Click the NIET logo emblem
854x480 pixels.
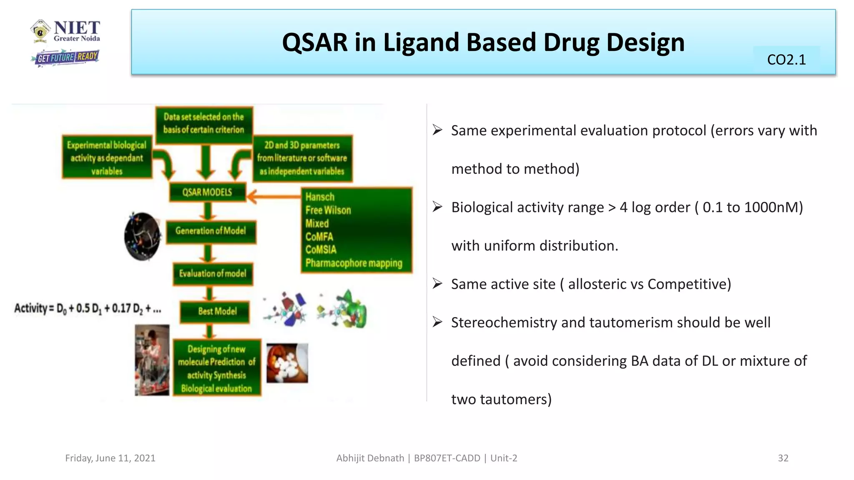(x=40, y=30)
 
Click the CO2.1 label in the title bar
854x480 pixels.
(x=786, y=60)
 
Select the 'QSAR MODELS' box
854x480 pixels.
(x=207, y=192)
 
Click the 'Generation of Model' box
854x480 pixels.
(x=211, y=231)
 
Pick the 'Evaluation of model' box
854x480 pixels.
(x=213, y=273)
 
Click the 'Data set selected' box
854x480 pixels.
(x=203, y=123)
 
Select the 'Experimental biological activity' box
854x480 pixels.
(x=107, y=157)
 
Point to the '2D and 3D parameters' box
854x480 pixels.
(x=302, y=158)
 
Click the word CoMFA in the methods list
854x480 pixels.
(x=319, y=237)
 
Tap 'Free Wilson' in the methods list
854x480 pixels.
(x=328, y=210)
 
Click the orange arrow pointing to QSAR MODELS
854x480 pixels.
(x=273, y=195)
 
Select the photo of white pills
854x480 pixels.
(x=287, y=362)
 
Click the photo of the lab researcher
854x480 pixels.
(x=152, y=360)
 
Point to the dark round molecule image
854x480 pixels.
(x=142, y=236)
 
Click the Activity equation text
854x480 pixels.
(x=88, y=308)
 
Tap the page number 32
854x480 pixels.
(x=783, y=458)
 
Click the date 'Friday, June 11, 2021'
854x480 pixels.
(x=110, y=458)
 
